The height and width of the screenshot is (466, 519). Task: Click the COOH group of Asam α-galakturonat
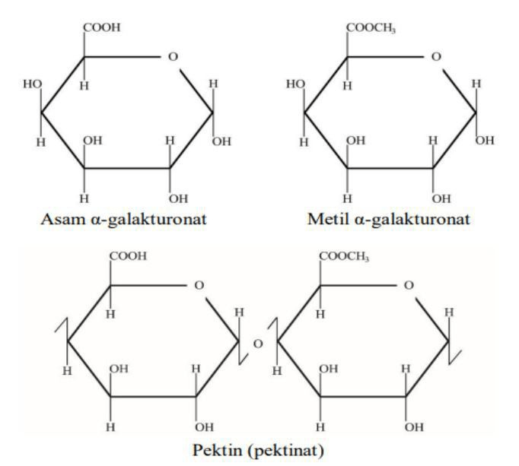102,27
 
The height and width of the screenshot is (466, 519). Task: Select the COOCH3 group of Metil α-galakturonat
371,28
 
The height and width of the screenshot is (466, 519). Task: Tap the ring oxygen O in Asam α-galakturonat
173,57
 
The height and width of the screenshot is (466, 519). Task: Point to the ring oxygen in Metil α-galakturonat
436,57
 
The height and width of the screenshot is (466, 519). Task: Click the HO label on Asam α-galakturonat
33,84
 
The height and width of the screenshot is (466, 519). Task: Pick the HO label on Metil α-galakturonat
295,84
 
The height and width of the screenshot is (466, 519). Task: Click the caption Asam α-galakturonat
124,219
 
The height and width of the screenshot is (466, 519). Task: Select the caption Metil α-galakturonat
389,219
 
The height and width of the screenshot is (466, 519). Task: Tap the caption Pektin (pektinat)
258,450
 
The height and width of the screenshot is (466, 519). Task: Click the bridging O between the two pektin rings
258,344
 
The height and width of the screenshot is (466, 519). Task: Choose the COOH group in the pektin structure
128,256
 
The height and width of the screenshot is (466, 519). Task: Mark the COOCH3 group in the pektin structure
344,257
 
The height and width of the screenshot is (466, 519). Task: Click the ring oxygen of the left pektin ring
199,285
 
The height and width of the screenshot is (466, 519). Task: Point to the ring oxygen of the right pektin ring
409,285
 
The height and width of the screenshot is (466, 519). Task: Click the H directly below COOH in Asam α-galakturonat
84,86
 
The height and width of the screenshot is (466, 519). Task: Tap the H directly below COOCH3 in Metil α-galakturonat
347,86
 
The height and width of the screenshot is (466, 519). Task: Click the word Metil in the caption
328,219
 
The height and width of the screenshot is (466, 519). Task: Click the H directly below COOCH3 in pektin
320,314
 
